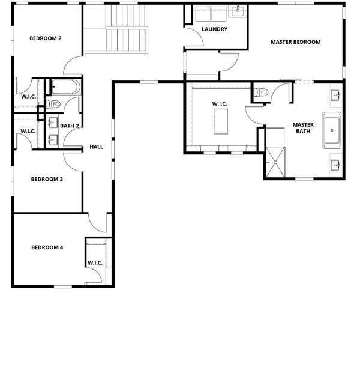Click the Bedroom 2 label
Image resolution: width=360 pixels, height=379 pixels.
tap(46, 38)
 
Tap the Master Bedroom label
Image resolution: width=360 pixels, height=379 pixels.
tap(296, 42)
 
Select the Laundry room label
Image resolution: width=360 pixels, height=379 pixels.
tap(214, 29)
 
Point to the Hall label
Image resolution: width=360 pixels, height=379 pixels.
tap(97, 147)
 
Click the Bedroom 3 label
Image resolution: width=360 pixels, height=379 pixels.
tap(47, 179)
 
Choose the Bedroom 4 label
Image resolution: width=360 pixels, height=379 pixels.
tap(47, 247)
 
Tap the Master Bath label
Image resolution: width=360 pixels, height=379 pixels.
tap(303, 128)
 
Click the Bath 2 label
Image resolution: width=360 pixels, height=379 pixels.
tap(69, 126)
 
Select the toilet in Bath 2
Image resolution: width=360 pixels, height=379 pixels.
tap(53, 105)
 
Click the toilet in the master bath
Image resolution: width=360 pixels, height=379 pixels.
tap(261, 92)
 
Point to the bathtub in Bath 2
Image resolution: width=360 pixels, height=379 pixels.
tap(65, 87)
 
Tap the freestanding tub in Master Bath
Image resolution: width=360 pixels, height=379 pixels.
tap(332, 130)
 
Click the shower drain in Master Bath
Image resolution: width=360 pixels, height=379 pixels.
tap(275, 162)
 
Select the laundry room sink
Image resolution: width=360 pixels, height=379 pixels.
tap(238, 10)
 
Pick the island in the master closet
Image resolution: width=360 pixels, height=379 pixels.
tap(221, 121)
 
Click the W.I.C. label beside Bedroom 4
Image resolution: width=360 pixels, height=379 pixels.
tap(95, 263)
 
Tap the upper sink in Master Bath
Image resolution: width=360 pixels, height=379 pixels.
tap(337, 96)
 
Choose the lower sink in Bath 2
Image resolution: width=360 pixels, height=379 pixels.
tap(53, 140)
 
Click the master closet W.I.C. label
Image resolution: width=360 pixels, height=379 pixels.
tap(220, 104)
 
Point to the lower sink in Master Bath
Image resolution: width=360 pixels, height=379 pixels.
tap(335, 165)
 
